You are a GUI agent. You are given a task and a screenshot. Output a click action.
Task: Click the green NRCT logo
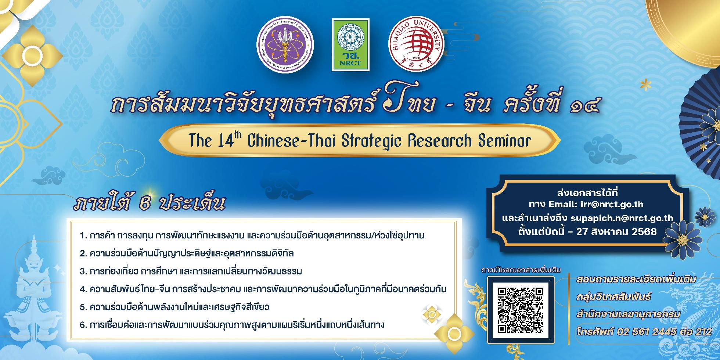tap(351, 44)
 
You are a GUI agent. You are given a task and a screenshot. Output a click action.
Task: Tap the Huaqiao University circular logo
tap(417, 44)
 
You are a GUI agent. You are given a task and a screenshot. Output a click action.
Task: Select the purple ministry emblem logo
tap(285, 44)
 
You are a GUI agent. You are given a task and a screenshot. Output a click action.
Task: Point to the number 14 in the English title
tap(221, 141)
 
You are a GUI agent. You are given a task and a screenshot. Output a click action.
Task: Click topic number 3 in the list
tap(191, 271)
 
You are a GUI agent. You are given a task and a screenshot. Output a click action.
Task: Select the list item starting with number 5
tap(174, 307)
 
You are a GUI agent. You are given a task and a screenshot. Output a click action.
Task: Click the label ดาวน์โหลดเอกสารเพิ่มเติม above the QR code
tap(521, 270)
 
